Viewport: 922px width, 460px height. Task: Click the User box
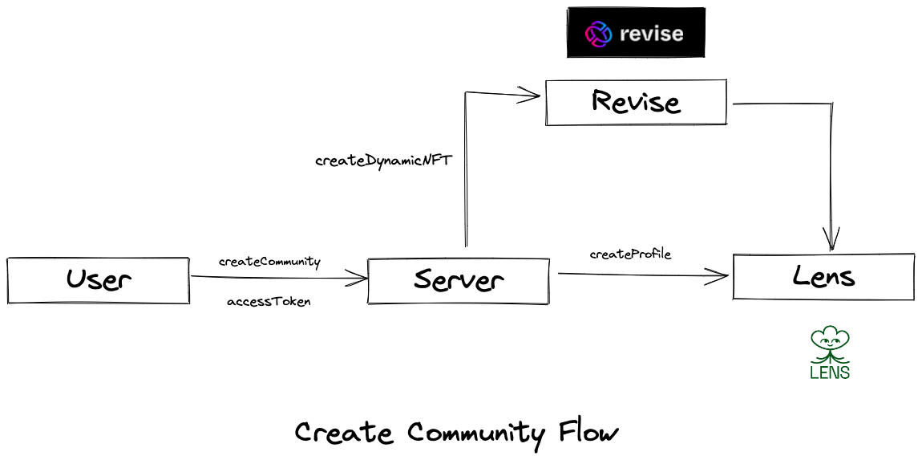tap(99, 280)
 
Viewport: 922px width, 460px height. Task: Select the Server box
tap(458, 281)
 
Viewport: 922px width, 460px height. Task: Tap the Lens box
tap(823, 277)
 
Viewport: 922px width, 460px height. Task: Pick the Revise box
tap(636, 102)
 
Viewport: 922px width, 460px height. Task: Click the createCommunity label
tap(269, 262)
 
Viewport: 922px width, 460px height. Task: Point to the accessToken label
tap(269, 302)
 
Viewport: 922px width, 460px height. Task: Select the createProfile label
tap(630, 254)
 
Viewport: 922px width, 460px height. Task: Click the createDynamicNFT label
tap(383, 161)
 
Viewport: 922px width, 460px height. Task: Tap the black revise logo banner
tap(636, 33)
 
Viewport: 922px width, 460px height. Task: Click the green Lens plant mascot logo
tap(830, 344)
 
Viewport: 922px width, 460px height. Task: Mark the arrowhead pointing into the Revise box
tap(532, 95)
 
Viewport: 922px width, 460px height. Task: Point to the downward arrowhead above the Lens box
tap(831, 240)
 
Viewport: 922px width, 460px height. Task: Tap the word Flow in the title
tap(589, 433)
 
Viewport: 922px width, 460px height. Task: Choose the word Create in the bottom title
tap(344, 434)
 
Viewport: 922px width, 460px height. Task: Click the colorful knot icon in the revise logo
tap(598, 34)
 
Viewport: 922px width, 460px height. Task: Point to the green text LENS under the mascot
tap(830, 372)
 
